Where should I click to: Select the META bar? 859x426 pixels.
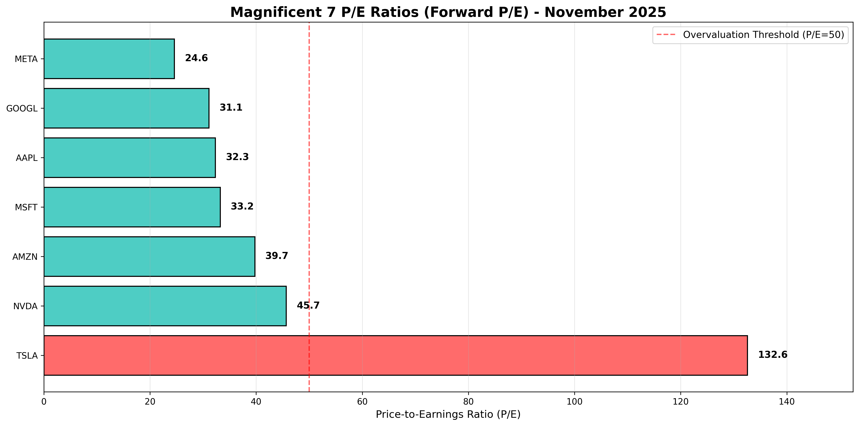[x=109, y=59]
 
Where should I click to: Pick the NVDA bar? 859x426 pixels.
[x=165, y=306]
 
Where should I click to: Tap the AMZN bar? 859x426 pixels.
[x=149, y=256]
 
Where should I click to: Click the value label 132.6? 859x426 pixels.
[x=773, y=355]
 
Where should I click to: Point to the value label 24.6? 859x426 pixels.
[x=196, y=58]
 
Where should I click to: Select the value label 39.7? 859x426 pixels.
[x=276, y=256]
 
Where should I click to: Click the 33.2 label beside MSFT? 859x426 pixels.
[x=242, y=206]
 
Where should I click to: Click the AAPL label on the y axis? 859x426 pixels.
[x=27, y=158]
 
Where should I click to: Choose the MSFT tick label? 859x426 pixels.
[x=26, y=207]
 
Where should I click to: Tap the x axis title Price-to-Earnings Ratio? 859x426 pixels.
[x=448, y=414]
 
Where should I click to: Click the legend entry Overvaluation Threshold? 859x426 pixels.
[x=763, y=35]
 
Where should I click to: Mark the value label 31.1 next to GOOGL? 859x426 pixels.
[x=231, y=107]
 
